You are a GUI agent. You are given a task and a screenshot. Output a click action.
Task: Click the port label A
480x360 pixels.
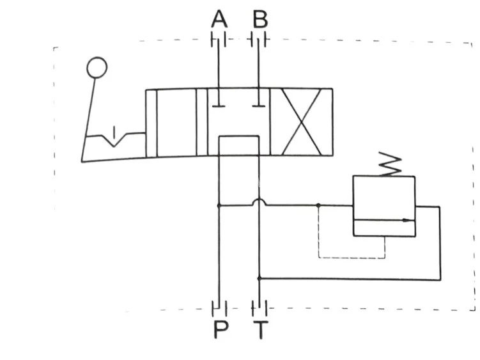[x=219, y=19]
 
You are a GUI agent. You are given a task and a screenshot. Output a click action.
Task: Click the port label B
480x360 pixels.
[x=260, y=19]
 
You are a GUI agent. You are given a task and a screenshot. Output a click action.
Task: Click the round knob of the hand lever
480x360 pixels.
[x=97, y=67]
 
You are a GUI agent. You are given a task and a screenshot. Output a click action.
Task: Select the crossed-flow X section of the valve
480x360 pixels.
[x=301, y=121]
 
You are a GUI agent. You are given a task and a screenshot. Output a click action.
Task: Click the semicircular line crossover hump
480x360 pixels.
[x=259, y=201]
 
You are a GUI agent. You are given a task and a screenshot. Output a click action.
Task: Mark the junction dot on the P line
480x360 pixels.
[x=219, y=206]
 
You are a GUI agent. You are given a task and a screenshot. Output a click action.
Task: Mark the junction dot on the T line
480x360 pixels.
[x=259, y=278]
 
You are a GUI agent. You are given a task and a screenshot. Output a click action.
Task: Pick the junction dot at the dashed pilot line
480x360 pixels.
[x=318, y=206]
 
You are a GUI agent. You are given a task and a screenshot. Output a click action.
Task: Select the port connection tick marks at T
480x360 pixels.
[x=259, y=309]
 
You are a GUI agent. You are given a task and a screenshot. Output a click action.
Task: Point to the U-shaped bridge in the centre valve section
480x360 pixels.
[x=238, y=137]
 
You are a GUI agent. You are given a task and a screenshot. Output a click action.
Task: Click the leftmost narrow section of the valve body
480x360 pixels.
[x=151, y=122]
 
